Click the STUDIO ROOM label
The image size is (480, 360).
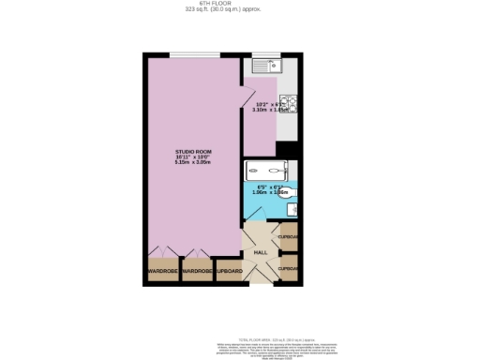tap(192, 151)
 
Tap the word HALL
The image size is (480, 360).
tap(261, 252)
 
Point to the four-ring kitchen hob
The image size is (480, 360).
tap(292, 103)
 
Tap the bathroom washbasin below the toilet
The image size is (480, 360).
tap(292, 209)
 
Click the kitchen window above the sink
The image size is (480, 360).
tap(269, 54)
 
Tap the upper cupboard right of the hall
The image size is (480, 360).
tap(290, 236)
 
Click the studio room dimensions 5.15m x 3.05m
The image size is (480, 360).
tap(192, 163)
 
